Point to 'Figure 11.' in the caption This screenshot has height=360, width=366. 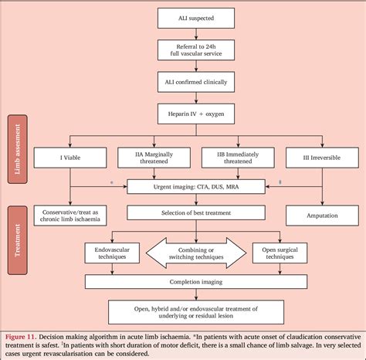pos(24,338)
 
